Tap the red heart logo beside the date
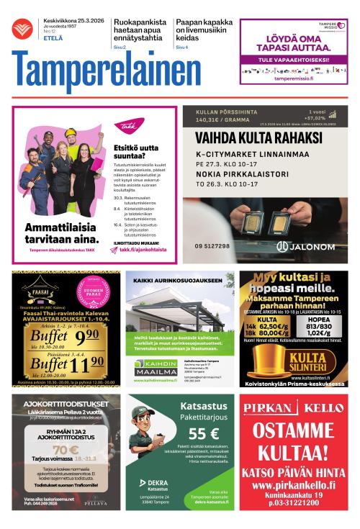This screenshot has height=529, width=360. pos(22,30)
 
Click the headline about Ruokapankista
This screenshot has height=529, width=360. pos(140,27)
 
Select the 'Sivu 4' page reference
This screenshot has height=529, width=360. pos(181,47)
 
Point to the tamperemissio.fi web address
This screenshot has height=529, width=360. pos(294,79)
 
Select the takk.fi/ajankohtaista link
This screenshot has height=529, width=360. pos(144,249)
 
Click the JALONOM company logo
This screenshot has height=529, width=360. pos(305,246)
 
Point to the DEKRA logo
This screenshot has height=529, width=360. pos(152,484)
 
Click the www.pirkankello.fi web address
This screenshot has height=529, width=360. pos(292,485)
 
